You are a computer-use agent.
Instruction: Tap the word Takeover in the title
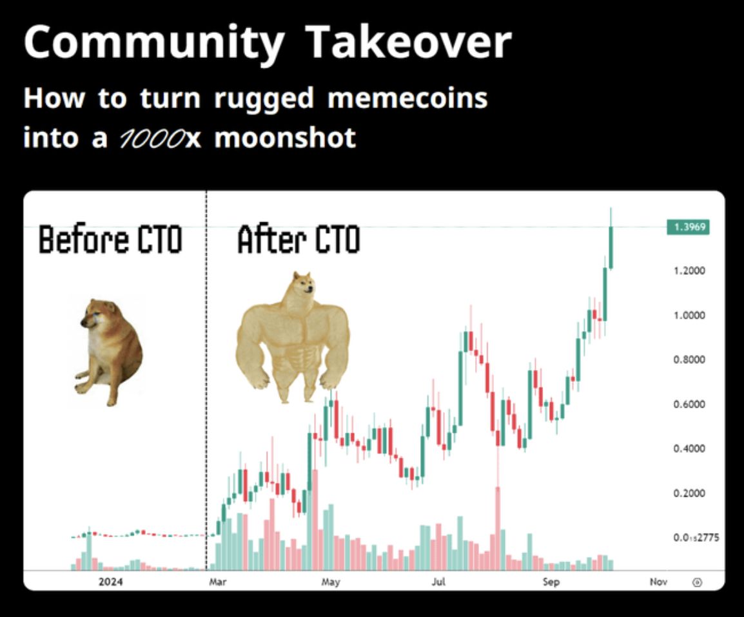pyautogui.click(x=408, y=43)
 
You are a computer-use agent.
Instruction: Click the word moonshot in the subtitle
pyautogui.click(x=285, y=138)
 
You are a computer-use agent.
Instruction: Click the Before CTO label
pyautogui.click(x=110, y=240)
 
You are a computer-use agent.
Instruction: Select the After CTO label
pyautogui.click(x=299, y=240)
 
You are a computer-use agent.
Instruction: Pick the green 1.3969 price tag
pyautogui.click(x=688, y=227)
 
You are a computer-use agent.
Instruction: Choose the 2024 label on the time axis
pyautogui.click(x=110, y=582)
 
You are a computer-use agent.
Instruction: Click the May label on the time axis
pyautogui.click(x=330, y=582)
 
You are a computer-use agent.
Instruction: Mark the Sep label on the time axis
pyautogui.click(x=551, y=582)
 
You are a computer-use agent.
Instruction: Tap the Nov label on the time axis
pyautogui.click(x=658, y=582)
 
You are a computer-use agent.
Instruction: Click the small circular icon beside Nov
pyautogui.click(x=696, y=582)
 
